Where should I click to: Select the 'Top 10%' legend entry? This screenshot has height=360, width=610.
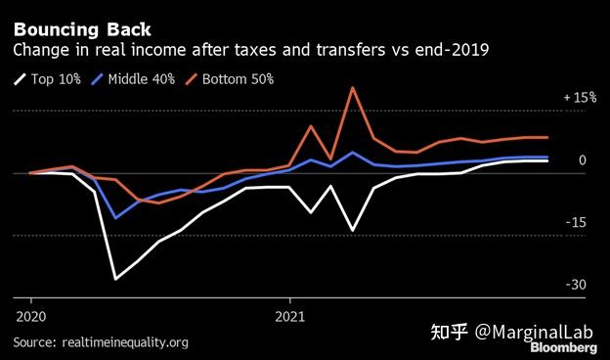62,78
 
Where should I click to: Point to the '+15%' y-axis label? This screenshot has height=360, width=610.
579,98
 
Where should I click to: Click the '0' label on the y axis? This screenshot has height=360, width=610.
582,160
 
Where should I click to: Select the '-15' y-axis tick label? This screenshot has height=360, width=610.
578,222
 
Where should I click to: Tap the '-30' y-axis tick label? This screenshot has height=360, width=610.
578,285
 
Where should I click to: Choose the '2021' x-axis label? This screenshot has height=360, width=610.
290,316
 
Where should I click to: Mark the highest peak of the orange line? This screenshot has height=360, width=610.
352,88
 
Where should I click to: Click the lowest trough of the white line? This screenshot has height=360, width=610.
116,279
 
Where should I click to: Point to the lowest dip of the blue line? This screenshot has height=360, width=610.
116,217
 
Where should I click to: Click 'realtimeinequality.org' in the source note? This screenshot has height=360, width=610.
124,342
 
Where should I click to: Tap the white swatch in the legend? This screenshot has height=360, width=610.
21,79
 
